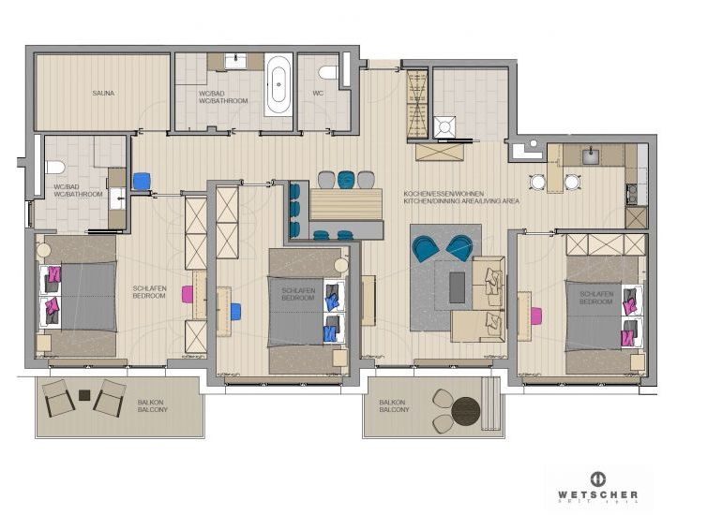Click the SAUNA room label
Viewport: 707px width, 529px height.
pos(103,94)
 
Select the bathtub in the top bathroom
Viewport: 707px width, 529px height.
pos(278,85)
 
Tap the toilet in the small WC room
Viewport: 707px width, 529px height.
pos(327,73)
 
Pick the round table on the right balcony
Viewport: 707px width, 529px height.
pos(465,409)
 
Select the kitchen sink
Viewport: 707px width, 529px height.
pos(592,156)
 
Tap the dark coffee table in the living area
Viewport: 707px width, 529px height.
pos(457,287)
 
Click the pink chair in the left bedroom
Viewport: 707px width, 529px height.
pos(188,294)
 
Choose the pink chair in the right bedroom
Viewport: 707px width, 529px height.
pos(535,316)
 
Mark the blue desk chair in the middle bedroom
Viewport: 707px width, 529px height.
pos(233,312)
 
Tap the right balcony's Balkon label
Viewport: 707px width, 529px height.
pos(393,405)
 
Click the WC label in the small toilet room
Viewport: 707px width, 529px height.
pos(317,94)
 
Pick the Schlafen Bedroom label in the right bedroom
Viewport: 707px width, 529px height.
pos(595,298)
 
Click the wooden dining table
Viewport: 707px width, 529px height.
pos(346,202)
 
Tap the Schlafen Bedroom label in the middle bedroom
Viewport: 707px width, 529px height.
pos(297,295)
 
